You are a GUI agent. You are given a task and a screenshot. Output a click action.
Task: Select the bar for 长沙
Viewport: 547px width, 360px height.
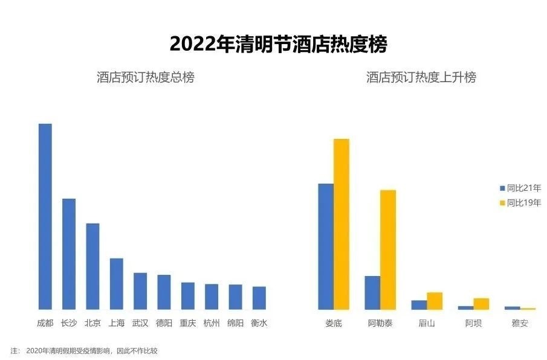pyautogui.click(x=69, y=254)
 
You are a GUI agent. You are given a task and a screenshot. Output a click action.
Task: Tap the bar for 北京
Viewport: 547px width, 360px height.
pyautogui.click(x=92, y=266)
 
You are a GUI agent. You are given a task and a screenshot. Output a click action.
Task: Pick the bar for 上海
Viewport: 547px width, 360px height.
pyautogui.click(x=116, y=284)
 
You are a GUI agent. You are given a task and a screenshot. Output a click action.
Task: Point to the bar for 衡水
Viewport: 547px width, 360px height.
pyautogui.click(x=259, y=298)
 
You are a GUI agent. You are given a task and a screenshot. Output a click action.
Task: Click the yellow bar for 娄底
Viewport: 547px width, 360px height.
pyautogui.click(x=341, y=224)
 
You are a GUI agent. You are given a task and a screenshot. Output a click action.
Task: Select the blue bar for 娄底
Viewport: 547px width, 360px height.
pyautogui.click(x=326, y=246)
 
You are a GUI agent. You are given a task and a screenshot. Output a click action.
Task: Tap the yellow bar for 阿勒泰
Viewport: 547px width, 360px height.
pyautogui.click(x=388, y=249)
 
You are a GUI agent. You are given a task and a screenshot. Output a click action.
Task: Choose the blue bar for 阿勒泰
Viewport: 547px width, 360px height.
pyautogui.click(x=372, y=292)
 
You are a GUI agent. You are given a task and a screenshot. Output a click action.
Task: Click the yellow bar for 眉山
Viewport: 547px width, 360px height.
pyautogui.click(x=435, y=301)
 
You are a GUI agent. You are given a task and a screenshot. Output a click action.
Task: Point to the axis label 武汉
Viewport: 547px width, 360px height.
pyautogui.click(x=140, y=323)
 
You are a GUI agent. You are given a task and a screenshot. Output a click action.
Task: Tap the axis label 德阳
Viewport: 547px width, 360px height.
pyautogui.click(x=164, y=323)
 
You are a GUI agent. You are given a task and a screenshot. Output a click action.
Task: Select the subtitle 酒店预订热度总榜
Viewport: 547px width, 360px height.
pyautogui.click(x=145, y=77)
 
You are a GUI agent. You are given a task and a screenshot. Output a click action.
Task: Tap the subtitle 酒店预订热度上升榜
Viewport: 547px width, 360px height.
pyautogui.click(x=421, y=77)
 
